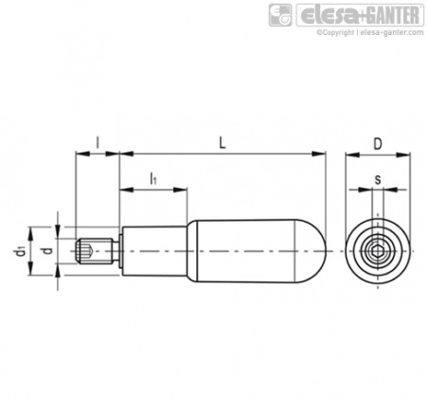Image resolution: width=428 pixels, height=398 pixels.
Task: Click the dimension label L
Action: point(223,143)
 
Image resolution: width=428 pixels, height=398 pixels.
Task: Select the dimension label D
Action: point(378,144)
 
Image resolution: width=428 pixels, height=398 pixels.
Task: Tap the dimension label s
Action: point(378,179)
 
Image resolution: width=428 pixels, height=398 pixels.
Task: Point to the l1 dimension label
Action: point(153,178)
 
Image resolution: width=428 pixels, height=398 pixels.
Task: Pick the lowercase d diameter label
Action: point(47,251)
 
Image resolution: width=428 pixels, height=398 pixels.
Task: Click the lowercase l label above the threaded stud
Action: point(98,143)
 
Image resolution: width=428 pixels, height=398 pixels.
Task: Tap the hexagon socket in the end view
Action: point(378,251)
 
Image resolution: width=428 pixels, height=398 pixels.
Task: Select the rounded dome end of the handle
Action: point(311,251)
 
